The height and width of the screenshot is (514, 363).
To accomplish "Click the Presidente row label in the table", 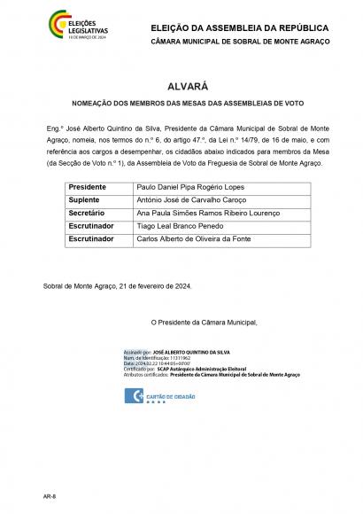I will [88, 189].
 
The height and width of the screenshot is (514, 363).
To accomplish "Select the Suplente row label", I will [84, 201].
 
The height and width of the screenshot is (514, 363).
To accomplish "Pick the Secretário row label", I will [87, 214].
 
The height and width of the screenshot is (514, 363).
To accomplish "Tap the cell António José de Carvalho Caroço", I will [189, 201].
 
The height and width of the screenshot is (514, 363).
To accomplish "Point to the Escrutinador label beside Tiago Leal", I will [91, 227].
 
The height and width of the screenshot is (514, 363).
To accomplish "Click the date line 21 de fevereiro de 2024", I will [117, 285].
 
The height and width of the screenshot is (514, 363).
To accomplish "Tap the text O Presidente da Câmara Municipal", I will [204, 321].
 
